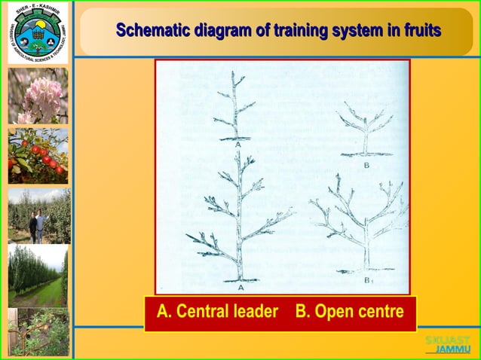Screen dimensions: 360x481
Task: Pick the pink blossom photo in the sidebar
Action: pyautogui.click(x=38, y=96)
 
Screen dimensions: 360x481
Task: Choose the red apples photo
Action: pyautogui.click(x=38, y=156)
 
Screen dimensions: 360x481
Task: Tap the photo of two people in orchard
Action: pyautogui.click(x=38, y=216)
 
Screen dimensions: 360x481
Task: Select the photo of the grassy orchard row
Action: pyautogui.click(x=38, y=275)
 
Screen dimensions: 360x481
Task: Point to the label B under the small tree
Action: pyautogui.click(x=366, y=164)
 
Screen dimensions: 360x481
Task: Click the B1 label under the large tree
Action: pyautogui.click(x=368, y=281)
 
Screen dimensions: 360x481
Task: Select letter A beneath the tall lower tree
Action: pyautogui.click(x=240, y=287)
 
